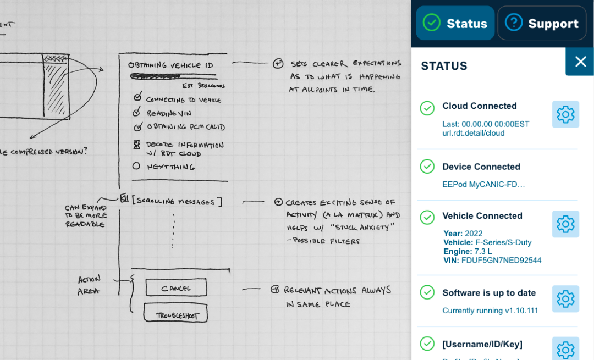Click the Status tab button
click(455, 23)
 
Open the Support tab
click(542, 23)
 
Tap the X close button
click(580, 62)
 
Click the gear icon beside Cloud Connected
click(565, 114)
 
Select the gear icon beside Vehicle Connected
click(565, 224)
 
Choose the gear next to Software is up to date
click(565, 299)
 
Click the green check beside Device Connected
click(427, 167)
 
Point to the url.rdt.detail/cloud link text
click(474, 134)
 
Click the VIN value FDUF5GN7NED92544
click(501, 261)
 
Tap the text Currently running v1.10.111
click(490, 311)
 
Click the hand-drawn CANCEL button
click(176, 288)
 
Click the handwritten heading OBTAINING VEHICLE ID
click(163, 65)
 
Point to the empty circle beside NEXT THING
click(136, 166)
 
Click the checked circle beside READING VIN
click(136, 113)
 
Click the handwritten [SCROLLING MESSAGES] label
click(177, 202)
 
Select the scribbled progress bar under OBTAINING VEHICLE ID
click(165, 77)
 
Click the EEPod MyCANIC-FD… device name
click(483, 184)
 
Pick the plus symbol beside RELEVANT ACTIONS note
click(275, 290)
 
